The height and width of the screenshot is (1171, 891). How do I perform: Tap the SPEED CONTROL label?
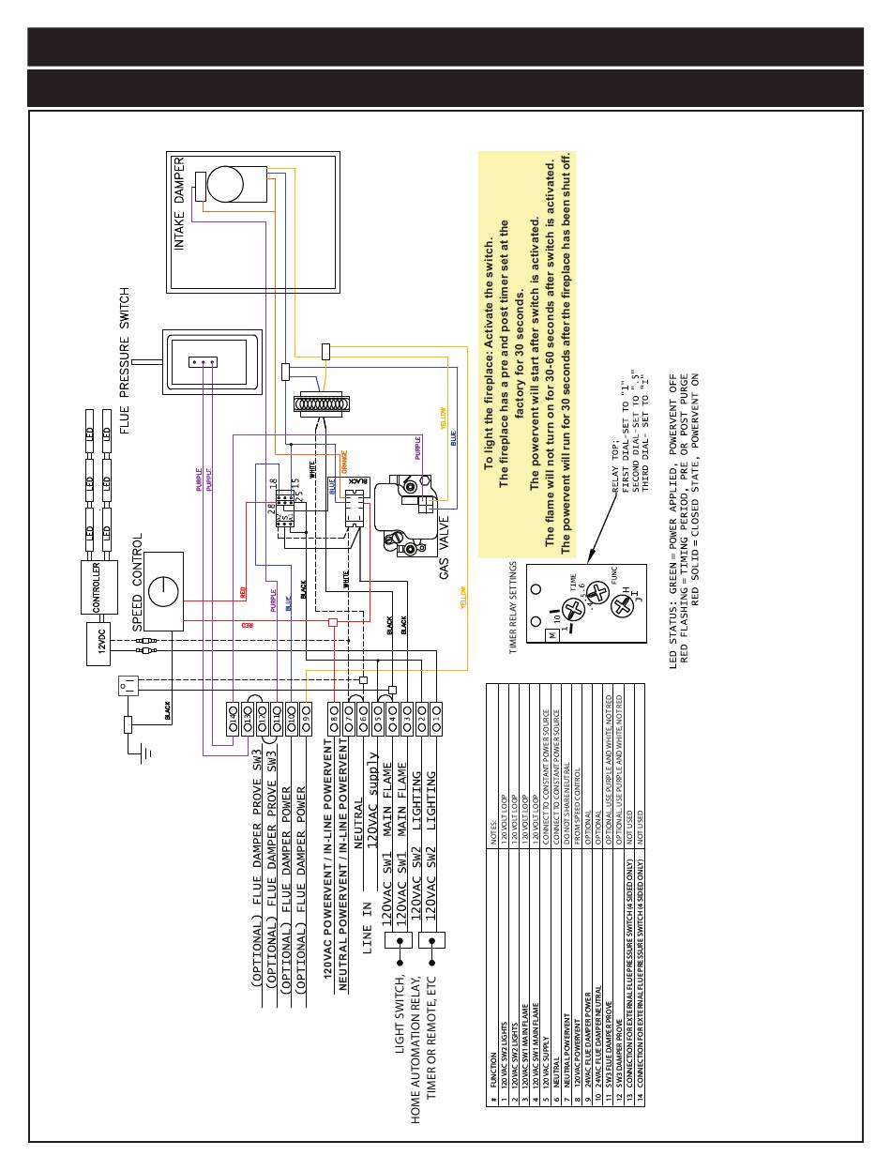137,582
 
